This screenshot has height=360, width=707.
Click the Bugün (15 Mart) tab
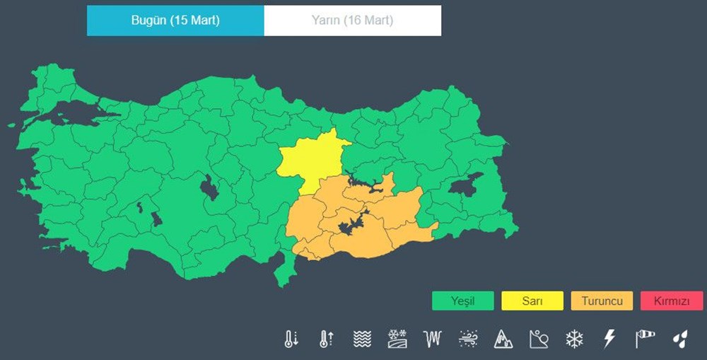175,21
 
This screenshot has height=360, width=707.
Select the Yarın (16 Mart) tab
352,21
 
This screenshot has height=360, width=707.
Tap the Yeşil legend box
463,301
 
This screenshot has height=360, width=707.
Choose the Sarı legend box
532,301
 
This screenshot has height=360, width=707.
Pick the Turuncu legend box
602,301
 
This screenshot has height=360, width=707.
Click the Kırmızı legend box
671,301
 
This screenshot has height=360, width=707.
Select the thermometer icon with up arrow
326,339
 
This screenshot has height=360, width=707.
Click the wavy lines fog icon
362,339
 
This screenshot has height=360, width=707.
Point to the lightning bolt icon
609,339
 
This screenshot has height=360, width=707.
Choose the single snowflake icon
574,339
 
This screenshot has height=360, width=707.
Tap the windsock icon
645,339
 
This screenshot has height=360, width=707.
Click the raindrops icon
679,339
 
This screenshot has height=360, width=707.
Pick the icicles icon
432,339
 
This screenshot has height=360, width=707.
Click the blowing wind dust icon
467,339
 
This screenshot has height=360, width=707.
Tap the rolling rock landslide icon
539,339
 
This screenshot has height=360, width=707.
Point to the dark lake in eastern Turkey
465,186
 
